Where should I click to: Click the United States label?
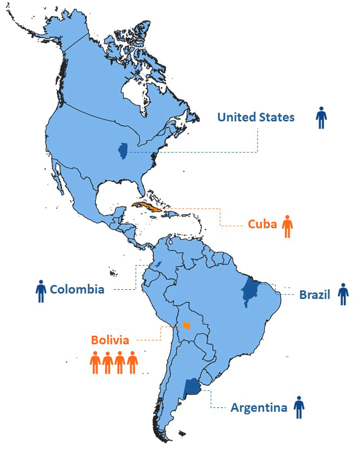point(256,117)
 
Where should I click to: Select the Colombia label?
point(77,289)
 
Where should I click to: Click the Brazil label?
point(315,295)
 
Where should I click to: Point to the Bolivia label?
point(110,340)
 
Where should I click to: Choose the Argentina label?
point(259,407)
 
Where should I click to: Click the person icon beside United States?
point(321,118)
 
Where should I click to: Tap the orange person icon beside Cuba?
point(288,226)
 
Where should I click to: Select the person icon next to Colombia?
point(40,291)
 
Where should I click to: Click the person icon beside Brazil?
point(343,294)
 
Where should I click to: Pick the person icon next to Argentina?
point(299,407)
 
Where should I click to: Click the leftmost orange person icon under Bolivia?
point(96,363)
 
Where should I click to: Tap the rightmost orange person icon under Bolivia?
point(132,363)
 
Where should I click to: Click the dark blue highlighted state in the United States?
point(123,152)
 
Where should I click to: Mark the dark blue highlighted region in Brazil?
point(249,291)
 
